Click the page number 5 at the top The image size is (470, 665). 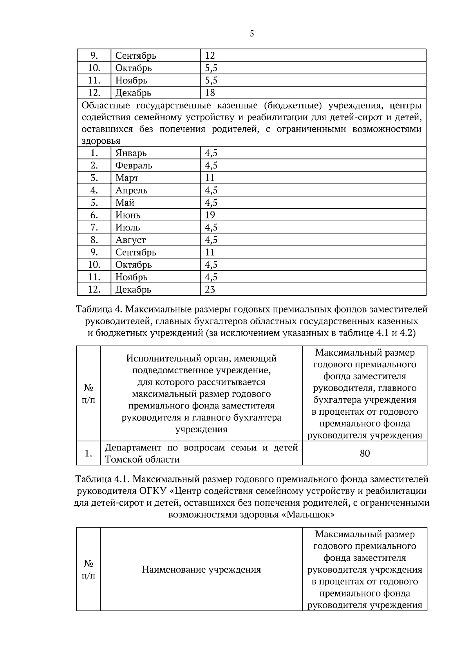click(252, 34)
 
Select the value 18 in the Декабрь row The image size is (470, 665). click(210, 93)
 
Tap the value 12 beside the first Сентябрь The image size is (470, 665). click(210, 56)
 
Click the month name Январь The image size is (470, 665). click(131, 153)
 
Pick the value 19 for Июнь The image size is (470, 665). click(210, 215)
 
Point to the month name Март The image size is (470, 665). click(127, 178)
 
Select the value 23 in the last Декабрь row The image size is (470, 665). click(210, 289)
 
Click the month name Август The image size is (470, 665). click(130, 240)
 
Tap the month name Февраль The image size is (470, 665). click(134, 165)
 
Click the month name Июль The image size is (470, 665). click(128, 227)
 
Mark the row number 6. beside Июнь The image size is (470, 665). click(94, 215)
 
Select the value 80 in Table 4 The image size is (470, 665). click(365, 454)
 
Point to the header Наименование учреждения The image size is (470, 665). click(201, 569)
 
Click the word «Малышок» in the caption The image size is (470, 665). click(308, 515)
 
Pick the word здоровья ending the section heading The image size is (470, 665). click(101, 141)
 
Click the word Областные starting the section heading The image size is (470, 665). click(105, 106)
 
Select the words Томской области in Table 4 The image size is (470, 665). click(142, 459)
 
